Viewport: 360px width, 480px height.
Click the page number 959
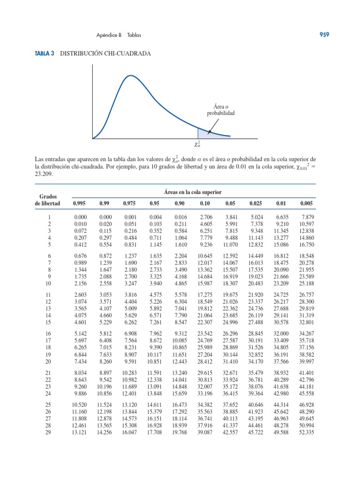(x=324, y=35)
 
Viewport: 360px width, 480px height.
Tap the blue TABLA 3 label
(x=44, y=54)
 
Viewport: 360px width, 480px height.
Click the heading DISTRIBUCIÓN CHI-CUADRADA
(x=106, y=54)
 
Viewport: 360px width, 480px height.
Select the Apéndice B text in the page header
(x=109, y=35)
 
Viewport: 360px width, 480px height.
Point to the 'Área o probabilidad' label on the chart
(x=221, y=110)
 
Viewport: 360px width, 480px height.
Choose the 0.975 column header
(x=129, y=203)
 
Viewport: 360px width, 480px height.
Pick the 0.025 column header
(x=256, y=203)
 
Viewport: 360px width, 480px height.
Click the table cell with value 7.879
(x=307, y=217)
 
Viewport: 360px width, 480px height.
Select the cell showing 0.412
(x=82, y=244)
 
